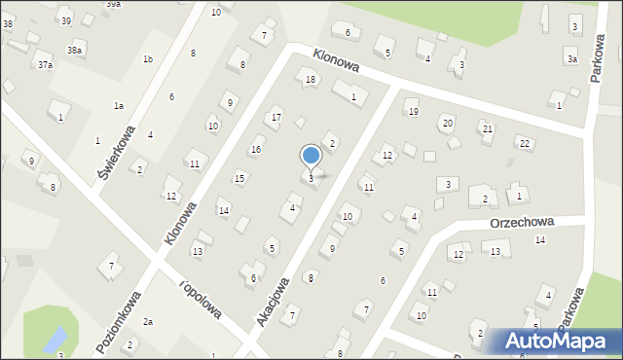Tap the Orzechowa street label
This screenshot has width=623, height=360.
click(521, 221)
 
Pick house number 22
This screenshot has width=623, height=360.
click(524, 144)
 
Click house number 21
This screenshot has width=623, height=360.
click(488, 129)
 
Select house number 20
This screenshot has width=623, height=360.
click(447, 123)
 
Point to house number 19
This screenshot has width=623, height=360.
click(413, 113)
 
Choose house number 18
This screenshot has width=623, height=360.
click(311, 80)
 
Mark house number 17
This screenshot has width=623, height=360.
click(276, 118)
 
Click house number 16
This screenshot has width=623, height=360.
click(255, 150)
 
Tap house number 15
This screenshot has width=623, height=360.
click(239, 178)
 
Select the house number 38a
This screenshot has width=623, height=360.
click(74, 50)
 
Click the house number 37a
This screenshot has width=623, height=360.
click(45, 65)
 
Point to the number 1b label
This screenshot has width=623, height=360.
click(148, 59)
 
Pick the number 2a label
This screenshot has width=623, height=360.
click(148, 321)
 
